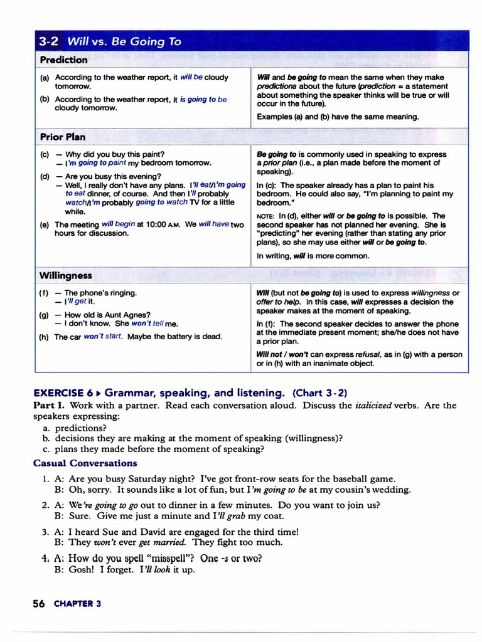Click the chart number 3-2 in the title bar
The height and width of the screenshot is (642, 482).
tap(48, 42)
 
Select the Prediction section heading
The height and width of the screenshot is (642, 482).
tap(63, 60)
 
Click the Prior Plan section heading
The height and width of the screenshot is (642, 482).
tap(63, 137)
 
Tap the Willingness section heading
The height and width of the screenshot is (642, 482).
tap(65, 275)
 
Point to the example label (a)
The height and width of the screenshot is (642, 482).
tap(45, 77)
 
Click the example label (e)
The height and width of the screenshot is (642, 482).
tap(45, 224)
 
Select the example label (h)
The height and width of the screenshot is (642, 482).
tap(45, 337)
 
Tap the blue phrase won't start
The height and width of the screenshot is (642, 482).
tap(103, 337)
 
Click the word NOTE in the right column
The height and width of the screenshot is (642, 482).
tap(264, 216)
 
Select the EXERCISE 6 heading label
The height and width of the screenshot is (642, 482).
tap(63, 393)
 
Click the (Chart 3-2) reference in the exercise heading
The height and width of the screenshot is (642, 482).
tap(319, 393)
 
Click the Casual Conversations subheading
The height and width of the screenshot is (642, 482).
tap(85, 463)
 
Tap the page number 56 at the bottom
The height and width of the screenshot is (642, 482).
tap(38, 604)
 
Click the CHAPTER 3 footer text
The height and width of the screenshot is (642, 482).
tap(77, 604)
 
